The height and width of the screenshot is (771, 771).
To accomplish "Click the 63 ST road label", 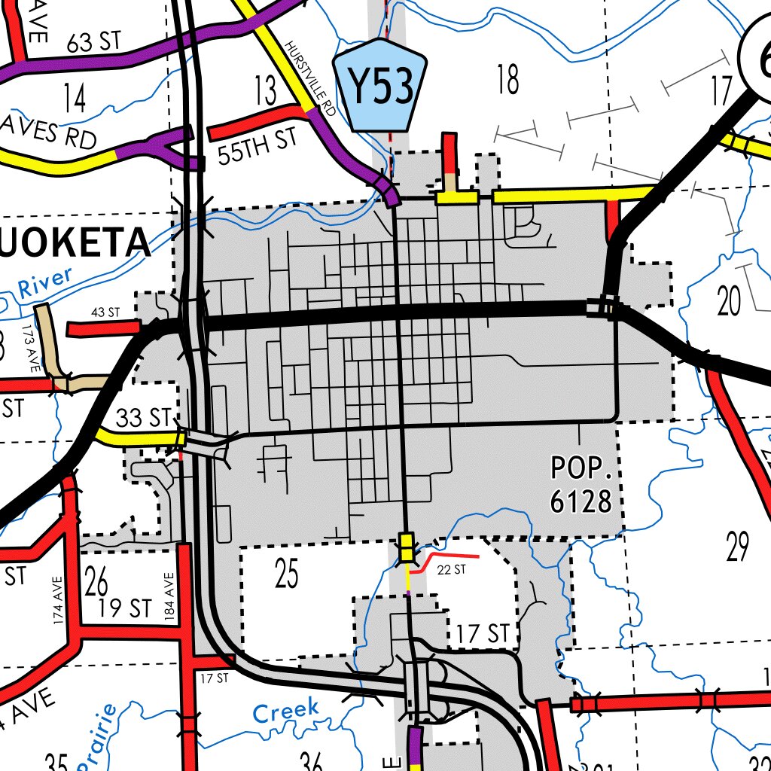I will click(93, 42).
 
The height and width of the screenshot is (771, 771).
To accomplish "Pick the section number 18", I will click(508, 80).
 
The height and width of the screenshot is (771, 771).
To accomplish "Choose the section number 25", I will click(286, 574).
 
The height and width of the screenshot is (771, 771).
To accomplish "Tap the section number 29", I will click(738, 546).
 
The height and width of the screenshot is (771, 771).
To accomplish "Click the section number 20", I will click(729, 301).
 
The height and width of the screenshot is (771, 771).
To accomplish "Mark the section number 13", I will click(266, 91).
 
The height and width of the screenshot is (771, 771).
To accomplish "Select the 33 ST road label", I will click(144, 417).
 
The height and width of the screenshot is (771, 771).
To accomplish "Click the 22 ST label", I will click(452, 570).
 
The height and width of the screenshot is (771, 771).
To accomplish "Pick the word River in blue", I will click(45, 283).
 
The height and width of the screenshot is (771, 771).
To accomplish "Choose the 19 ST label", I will click(126, 608).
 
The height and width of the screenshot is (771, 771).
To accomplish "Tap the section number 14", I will click(75, 98).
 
